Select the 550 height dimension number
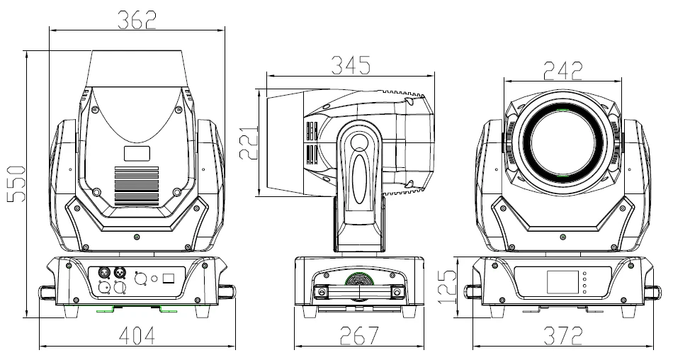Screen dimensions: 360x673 click(16, 184)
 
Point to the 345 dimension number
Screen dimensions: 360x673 click(351, 65)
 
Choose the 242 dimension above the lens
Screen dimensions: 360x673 click(562, 70)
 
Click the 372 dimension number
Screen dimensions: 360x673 click(562, 335)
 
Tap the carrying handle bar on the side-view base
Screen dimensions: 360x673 click(361, 291)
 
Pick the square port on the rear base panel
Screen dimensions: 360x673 click(169, 279)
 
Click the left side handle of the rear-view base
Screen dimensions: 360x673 click(47, 291)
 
